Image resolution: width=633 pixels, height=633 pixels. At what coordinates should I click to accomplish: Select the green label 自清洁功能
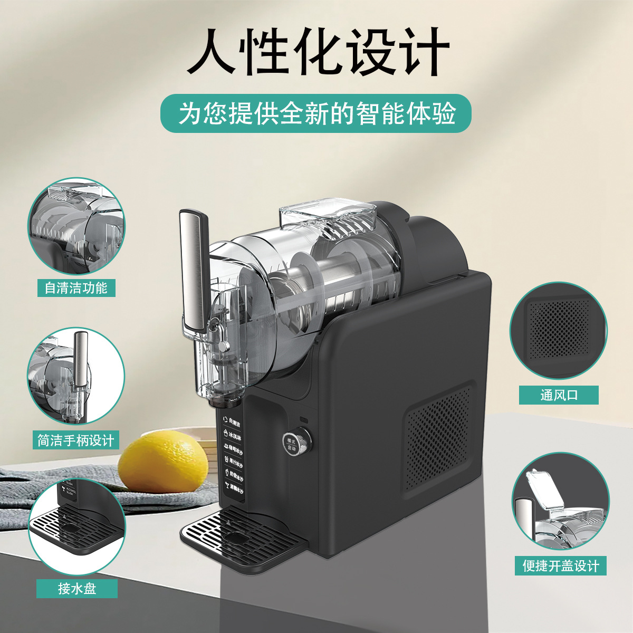[76, 288]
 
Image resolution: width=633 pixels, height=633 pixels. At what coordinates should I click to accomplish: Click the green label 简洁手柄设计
[76, 440]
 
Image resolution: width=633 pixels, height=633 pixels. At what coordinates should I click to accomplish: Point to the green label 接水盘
[77, 588]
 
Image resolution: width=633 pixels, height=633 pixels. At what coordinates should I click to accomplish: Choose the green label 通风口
[559, 395]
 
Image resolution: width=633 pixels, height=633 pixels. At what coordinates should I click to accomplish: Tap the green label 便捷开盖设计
[561, 566]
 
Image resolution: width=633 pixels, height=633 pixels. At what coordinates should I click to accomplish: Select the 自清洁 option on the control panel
[233, 424]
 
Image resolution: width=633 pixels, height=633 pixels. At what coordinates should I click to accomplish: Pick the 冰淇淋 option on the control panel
[233, 437]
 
